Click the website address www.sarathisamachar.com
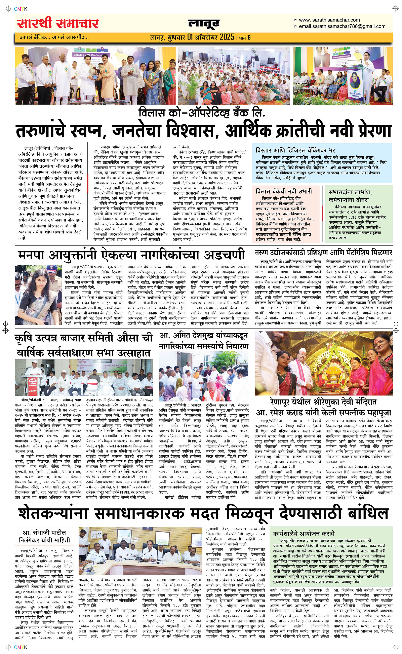coord(329,20)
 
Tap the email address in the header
coord(342,26)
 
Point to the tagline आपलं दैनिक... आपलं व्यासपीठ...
coord(54,37)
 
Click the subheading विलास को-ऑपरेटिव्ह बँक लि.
coord(202,113)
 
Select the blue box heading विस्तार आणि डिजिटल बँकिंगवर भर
coord(295,150)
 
